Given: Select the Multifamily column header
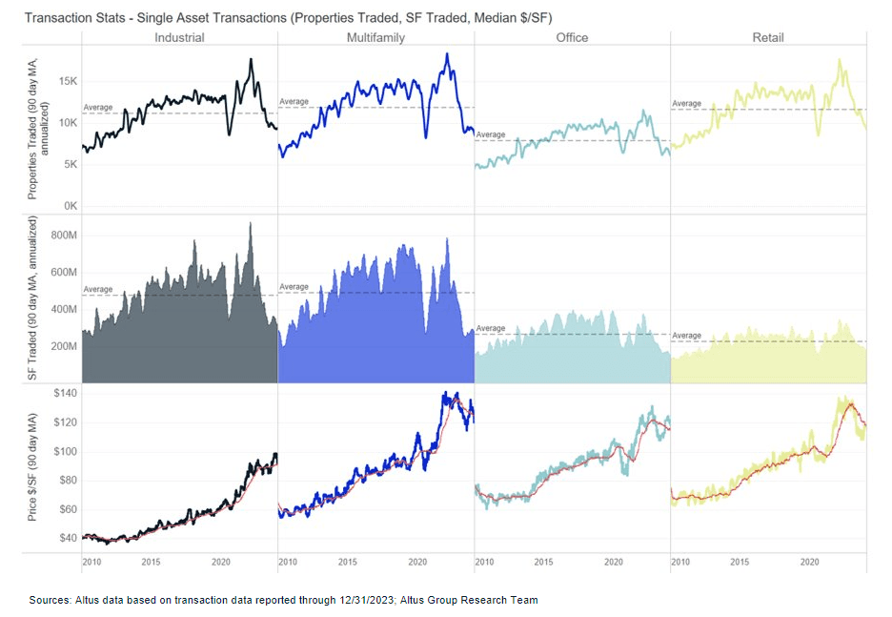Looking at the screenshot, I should click(x=375, y=38).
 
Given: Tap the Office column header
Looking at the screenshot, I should click(x=572, y=38).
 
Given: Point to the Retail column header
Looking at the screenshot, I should click(x=767, y=38).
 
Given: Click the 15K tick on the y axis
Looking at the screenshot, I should click(x=66, y=81).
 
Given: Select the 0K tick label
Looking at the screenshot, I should click(x=69, y=206).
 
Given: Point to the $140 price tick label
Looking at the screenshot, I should click(x=65, y=393).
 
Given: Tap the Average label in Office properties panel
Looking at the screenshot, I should click(x=491, y=134).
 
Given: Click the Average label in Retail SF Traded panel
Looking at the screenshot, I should click(x=686, y=336).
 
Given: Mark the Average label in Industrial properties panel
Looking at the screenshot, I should click(x=98, y=108).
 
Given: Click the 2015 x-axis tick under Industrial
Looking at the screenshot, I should click(x=151, y=563).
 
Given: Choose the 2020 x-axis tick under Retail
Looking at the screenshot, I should click(x=809, y=563).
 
